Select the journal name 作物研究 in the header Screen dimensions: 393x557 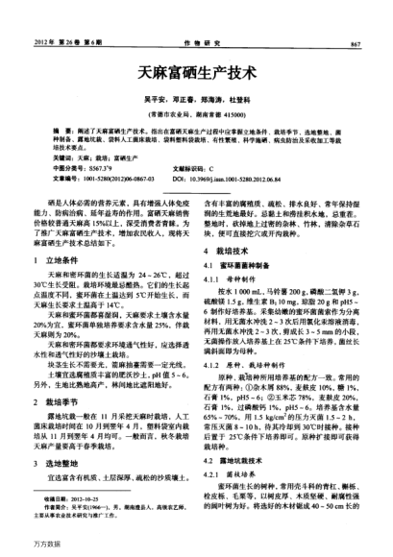tap(196, 45)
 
